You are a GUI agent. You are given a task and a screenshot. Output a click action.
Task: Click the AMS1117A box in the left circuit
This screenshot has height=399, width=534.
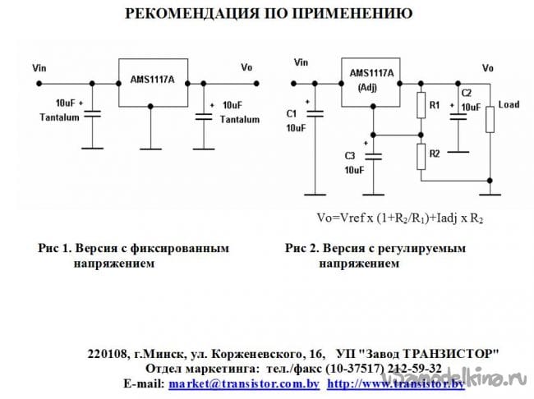pos(152,82)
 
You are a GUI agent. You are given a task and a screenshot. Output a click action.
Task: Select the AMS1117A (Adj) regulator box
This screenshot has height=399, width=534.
pos(371,82)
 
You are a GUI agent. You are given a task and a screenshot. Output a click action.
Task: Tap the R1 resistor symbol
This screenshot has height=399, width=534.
pos(420,106)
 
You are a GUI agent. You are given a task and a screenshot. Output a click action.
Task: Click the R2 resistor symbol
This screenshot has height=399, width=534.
pos(420,154)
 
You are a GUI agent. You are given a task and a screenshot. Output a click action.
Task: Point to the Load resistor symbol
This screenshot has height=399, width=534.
pos(490,119)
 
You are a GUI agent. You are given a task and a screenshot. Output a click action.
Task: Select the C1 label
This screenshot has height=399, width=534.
pos(292,112)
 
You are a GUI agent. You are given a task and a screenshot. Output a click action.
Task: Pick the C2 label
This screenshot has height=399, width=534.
pos(467,94)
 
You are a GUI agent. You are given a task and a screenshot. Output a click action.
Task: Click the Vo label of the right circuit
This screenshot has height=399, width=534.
pos(488,67)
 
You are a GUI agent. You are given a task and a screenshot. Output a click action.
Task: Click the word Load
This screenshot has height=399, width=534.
pos(509,105)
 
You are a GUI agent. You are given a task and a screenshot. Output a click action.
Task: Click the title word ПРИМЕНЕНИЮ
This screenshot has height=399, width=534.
pos(355,15)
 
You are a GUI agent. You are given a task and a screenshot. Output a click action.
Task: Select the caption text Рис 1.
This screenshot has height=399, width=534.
pos(54,247)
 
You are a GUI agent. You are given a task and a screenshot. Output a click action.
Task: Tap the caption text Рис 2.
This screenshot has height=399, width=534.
pos(302,247)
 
